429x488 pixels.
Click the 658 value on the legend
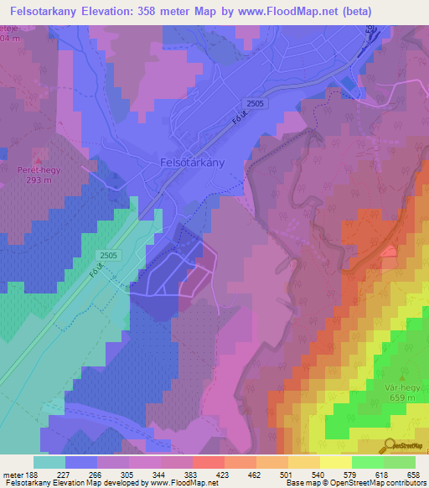[415, 474]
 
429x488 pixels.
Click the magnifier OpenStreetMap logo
[390, 447]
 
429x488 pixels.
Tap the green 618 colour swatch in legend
[368, 462]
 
